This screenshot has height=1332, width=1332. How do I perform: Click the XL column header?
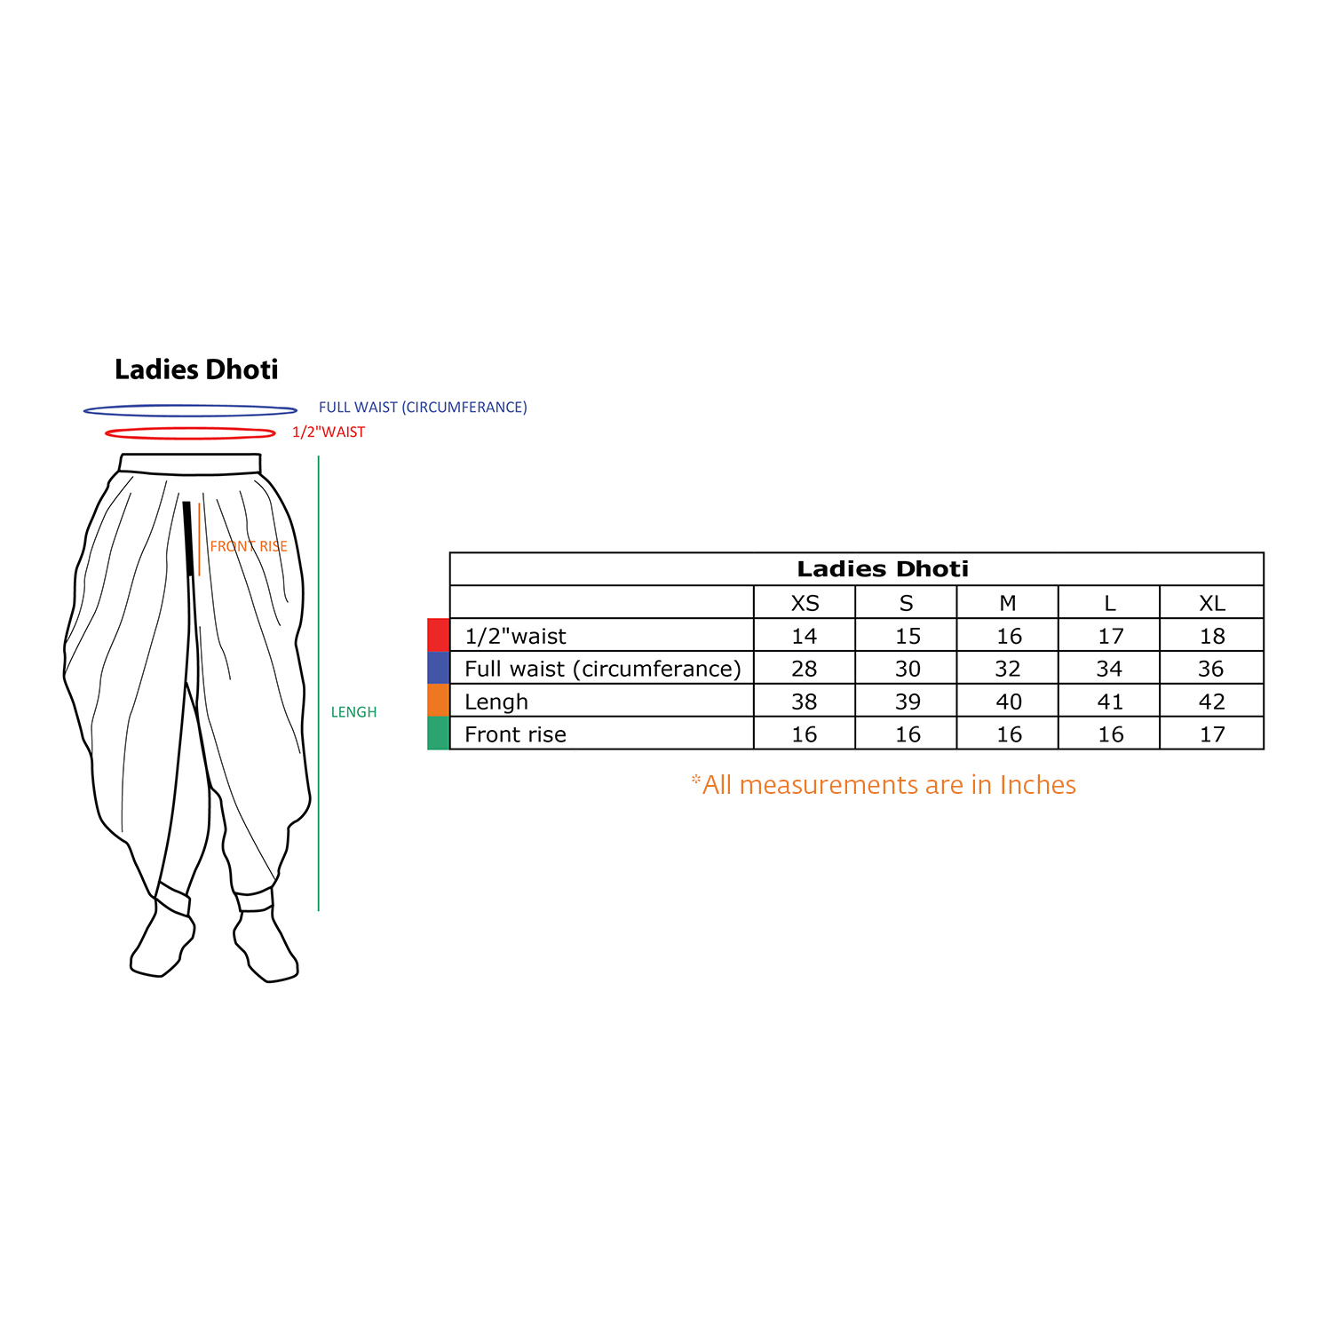tap(1211, 604)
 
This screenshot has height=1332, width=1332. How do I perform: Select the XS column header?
tap(805, 604)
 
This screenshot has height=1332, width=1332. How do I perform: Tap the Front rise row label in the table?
tap(515, 734)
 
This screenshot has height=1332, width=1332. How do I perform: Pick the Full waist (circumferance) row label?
tap(603, 669)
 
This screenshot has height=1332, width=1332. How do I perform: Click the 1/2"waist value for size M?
tap(1009, 636)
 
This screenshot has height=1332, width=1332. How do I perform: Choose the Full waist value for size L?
tap(1110, 669)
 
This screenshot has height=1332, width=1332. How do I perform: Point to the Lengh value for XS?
tap(805, 702)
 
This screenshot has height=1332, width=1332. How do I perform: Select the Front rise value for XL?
tap(1211, 734)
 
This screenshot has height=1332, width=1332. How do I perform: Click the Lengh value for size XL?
tap(1211, 702)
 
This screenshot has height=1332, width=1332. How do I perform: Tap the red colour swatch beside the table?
tap(439, 635)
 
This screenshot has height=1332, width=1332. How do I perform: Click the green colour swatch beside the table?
tap(439, 733)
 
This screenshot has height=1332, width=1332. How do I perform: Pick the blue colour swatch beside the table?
tap(439, 668)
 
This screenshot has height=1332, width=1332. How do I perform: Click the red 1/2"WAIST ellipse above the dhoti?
tap(190, 439)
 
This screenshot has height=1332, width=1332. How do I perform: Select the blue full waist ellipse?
tap(190, 416)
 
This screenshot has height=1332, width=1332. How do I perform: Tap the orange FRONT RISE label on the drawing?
tap(249, 546)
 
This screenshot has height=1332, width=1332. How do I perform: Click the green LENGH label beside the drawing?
tap(353, 712)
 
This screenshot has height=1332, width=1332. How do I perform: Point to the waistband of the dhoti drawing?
tap(190, 464)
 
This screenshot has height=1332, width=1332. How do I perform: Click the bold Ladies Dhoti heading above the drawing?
tap(196, 369)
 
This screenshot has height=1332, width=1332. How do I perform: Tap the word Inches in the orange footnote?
tap(1037, 785)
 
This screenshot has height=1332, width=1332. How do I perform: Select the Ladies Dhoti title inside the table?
tap(883, 569)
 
